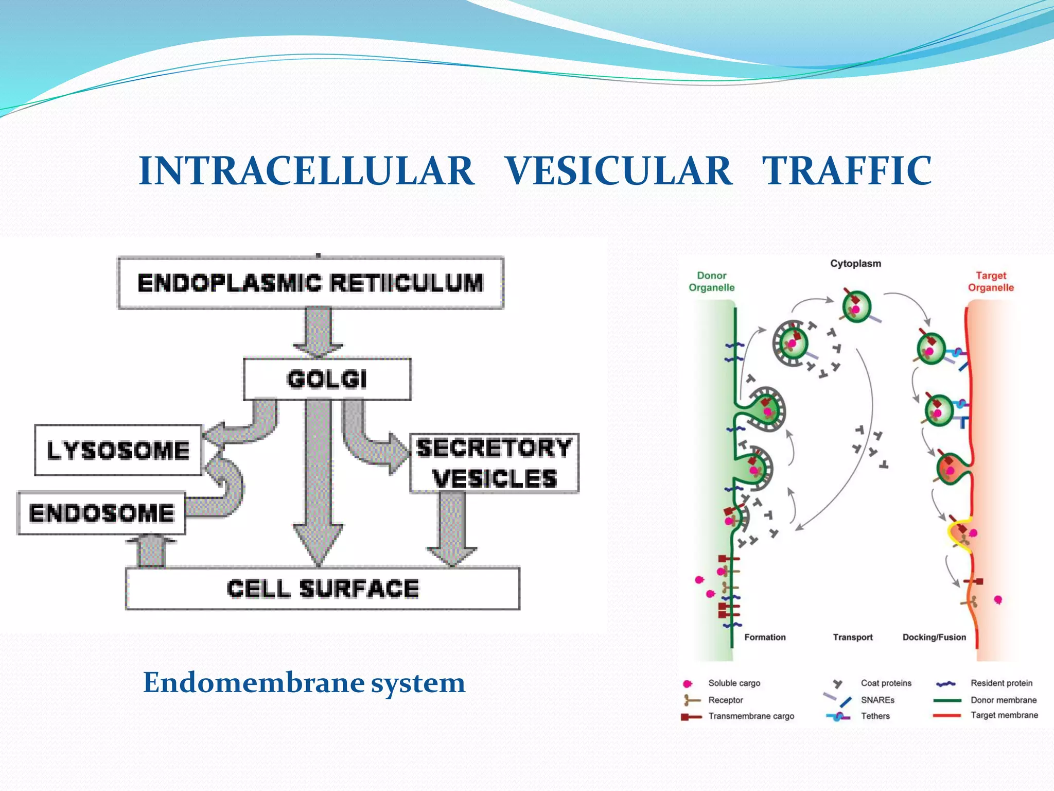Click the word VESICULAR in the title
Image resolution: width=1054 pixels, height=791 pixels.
tap(618, 171)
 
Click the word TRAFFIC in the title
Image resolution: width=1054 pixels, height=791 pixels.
tap(847, 171)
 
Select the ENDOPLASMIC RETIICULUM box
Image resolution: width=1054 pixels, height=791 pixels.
tap(310, 283)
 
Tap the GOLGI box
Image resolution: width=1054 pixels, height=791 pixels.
tap(327, 379)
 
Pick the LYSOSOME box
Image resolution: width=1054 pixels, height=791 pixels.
tap(118, 450)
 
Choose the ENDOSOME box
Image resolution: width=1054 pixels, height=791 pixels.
tap(101, 513)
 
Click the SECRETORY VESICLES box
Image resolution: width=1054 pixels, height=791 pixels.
tap(494, 463)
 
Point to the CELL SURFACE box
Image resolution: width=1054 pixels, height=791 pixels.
tap(323, 589)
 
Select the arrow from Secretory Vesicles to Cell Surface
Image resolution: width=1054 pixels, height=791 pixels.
tap(452, 528)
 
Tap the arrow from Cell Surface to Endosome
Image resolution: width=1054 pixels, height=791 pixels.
tap(152, 552)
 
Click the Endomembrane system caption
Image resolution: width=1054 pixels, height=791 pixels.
tap(304, 683)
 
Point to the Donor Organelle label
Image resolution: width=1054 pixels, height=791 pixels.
tap(711, 282)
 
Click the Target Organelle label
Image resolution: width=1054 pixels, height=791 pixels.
tap(991, 282)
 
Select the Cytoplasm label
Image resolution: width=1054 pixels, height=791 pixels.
tap(855, 264)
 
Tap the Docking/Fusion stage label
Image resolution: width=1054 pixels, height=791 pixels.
tap(934, 637)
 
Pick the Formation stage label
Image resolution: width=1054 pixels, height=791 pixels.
tap(765, 637)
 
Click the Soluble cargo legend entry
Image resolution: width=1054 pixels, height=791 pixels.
tap(734, 683)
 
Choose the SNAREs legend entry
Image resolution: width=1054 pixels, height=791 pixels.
tap(877, 700)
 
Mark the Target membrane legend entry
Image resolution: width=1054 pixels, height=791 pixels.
tap(1004, 715)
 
